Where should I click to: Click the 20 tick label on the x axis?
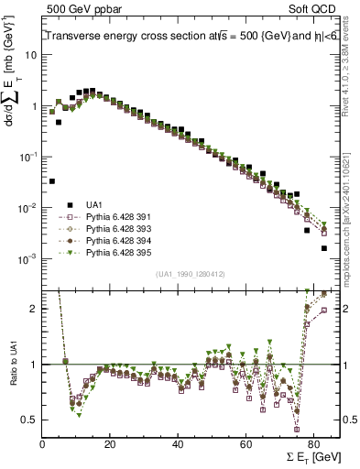click(110, 442)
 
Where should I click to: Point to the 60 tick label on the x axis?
click(245, 442)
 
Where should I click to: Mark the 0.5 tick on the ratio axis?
click(30, 420)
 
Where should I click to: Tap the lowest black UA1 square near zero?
click(52, 181)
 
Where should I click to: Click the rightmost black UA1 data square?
click(323, 248)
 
